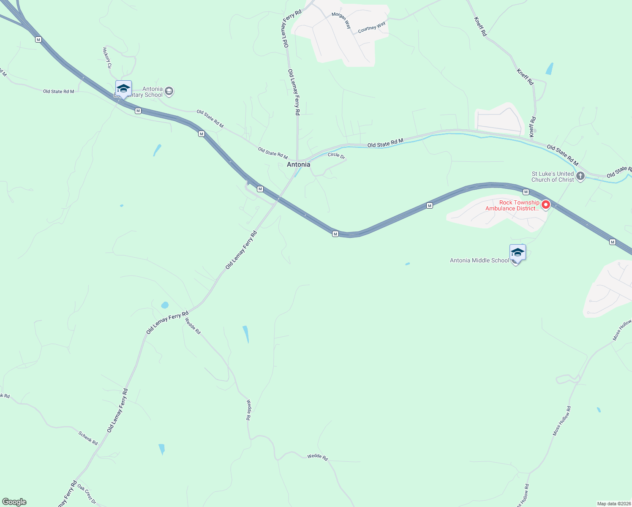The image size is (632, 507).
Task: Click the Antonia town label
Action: click(x=298, y=164)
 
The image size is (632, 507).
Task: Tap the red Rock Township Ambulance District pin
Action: click(x=545, y=205)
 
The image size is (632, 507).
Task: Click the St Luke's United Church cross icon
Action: click(x=580, y=176)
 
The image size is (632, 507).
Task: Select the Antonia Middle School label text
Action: click(x=479, y=260)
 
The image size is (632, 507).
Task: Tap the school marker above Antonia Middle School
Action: click(x=518, y=253)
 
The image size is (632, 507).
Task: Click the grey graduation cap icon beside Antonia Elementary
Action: click(x=169, y=91)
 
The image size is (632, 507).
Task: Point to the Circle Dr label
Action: click(x=336, y=155)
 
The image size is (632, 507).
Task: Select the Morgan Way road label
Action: click(x=341, y=20)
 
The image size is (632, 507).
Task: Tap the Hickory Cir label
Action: click(x=107, y=58)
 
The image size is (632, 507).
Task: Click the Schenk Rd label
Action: click(x=88, y=438)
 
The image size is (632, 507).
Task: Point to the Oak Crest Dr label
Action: click(x=87, y=494)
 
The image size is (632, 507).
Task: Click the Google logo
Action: click(x=14, y=502)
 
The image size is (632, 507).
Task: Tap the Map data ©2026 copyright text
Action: click(x=613, y=504)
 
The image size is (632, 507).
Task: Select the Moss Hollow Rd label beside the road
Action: click(x=562, y=421)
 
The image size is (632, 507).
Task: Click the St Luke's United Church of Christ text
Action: click(x=553, y=177)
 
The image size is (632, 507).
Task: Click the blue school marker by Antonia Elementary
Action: click(x=123, y=89)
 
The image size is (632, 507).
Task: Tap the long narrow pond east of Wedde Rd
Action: click(x=245, y=334)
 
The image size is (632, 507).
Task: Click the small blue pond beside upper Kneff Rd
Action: click(x=549, y=69)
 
